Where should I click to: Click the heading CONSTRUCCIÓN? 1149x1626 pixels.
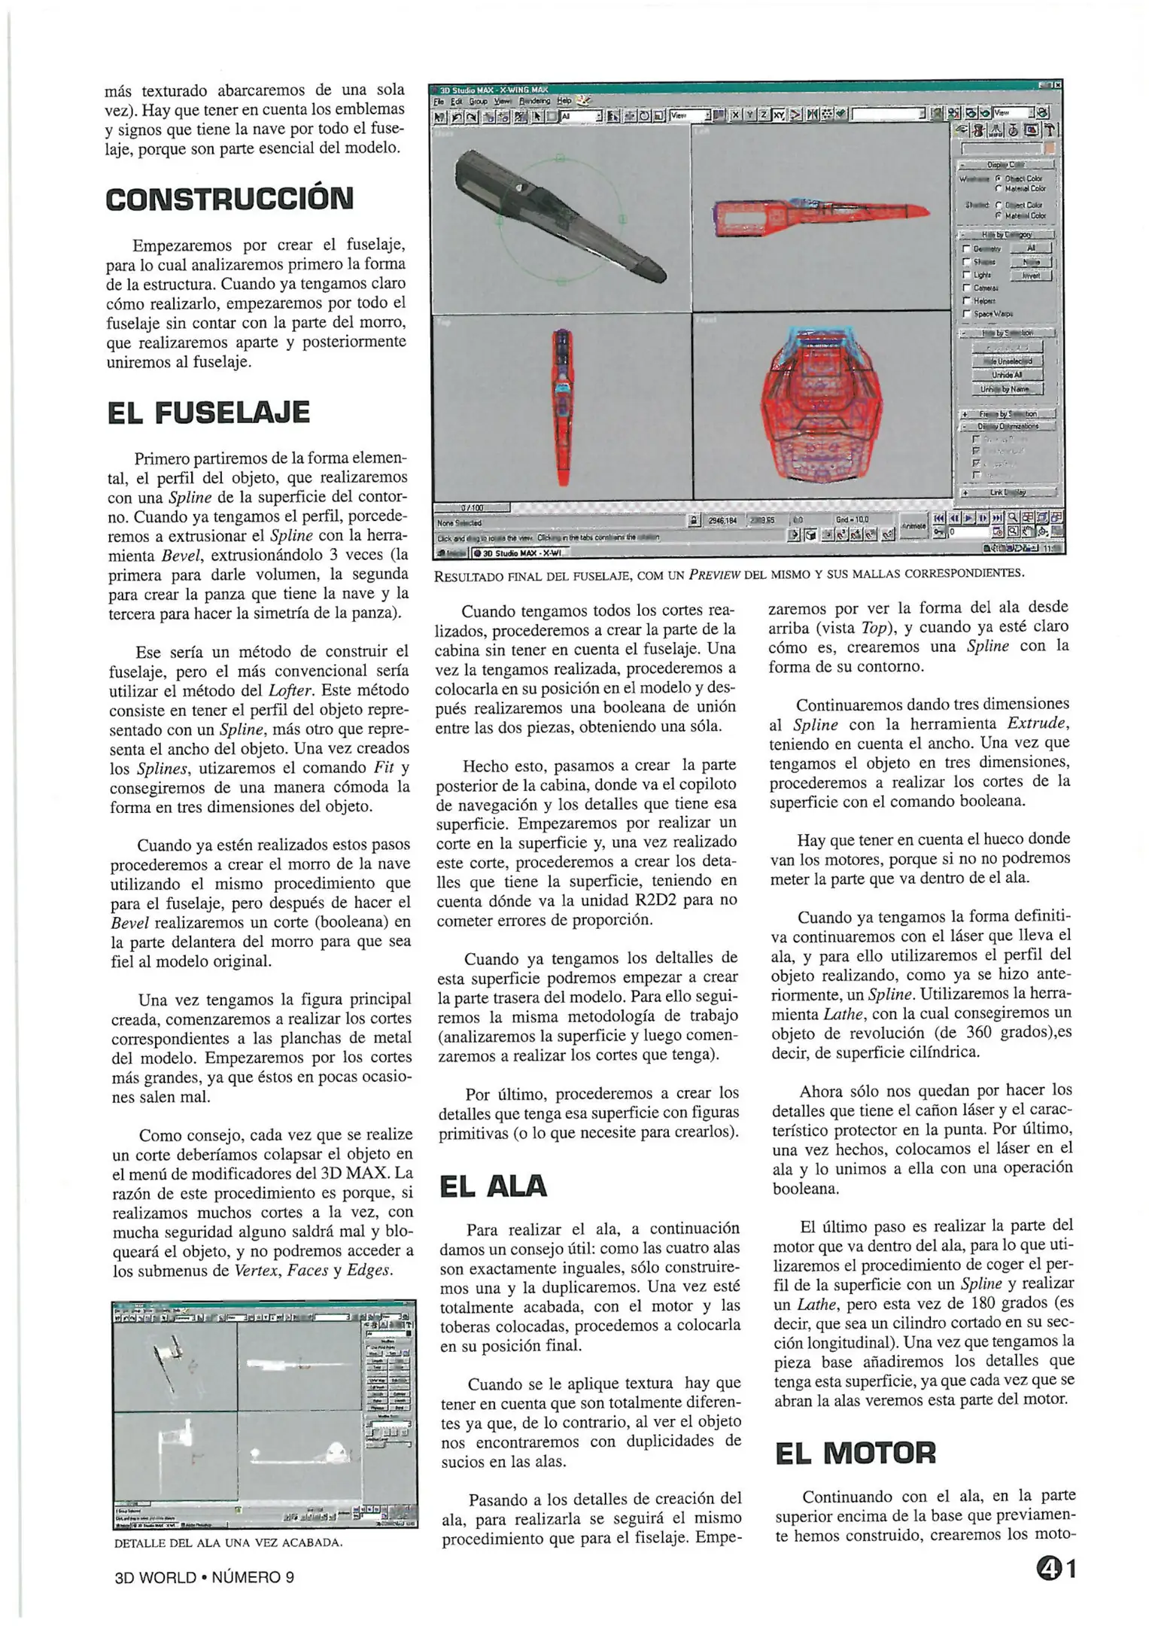pos(229,199)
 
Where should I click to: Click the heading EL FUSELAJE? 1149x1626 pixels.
pos(208,413)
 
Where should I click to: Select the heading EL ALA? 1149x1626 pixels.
pos(493,1186)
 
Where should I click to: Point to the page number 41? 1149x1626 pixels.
pos(1056,1569)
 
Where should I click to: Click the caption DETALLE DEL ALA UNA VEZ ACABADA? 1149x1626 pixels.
pos(228,1542)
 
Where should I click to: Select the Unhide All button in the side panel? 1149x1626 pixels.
pos(1006,375)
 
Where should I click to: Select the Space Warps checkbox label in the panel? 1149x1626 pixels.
pos(993,314)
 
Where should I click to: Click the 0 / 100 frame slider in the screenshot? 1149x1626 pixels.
pos(473,508)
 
